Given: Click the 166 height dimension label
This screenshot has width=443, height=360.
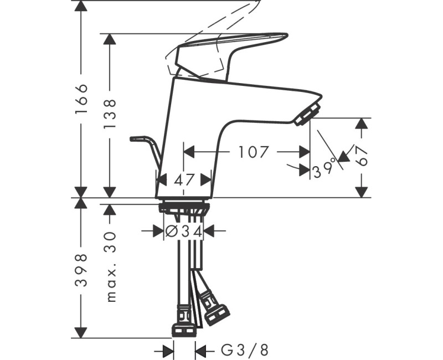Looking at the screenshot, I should pyautogui.click(x=81, y=99).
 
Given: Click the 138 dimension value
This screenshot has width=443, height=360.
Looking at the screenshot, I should pyautogui.click(x=110, y=114).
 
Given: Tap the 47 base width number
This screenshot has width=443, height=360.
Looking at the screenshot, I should pyautogui.click(x=183, y=179).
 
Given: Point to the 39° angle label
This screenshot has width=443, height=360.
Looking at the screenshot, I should pyautogui.click(x=325, y=167).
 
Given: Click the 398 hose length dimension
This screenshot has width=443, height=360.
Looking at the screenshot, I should pyautogui.click(x=81, y=270).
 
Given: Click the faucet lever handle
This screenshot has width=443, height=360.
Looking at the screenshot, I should pyautogui.click(x=227, y=50).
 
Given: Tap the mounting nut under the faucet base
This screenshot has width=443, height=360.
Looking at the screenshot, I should pyautogui.click(x=184, y=208).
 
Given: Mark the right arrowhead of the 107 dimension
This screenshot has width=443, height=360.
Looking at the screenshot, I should pyautogui.click(x=304, y=151).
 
